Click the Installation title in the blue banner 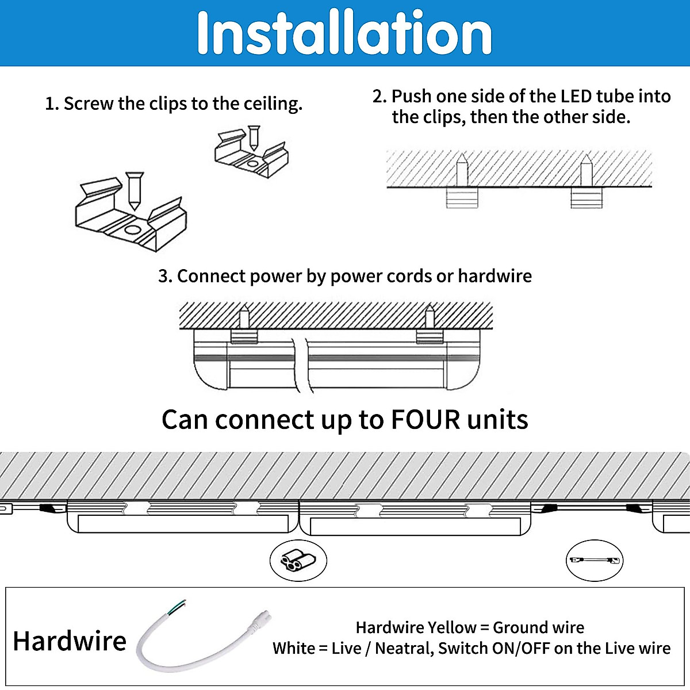point(344,33)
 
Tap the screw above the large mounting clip point(135,190)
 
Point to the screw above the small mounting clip point(253,138)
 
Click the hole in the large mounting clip point(132,231)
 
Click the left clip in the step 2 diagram point(462,198)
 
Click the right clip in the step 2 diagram point(586,198)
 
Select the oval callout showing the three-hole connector point(298,560)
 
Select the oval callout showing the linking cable point(594,560)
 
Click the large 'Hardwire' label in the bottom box point(70,641)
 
